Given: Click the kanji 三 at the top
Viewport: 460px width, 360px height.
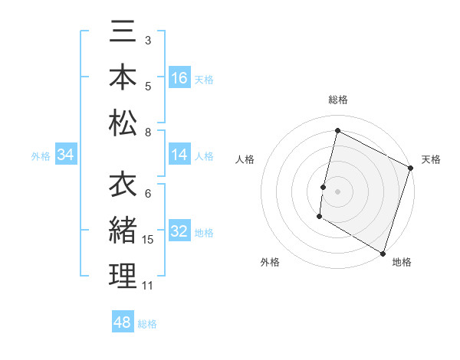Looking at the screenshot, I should pyautogui.click(x=123, y=34).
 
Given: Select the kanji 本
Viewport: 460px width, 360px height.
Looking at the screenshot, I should pyautogui.click(x=123, y=78).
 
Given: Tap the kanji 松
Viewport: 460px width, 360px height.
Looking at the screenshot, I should pyautogui.click(x=123, y=123).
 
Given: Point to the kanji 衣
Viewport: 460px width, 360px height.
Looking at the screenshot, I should pyautogui.click(x=123, y=185).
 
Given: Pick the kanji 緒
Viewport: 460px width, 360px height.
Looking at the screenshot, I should pyautogui.click(x=123, y=231).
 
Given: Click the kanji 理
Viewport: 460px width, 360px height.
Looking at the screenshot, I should pyautogui.click(x=123, y=276).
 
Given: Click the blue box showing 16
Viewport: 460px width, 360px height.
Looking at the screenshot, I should pyautogui.click(x=179, y=78).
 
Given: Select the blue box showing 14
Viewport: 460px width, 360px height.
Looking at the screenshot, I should pyautogui.click(x=179, y=155).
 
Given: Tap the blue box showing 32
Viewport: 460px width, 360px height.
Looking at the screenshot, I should pyautogui.click(x=179, y=232).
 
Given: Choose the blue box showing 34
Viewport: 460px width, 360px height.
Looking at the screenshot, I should pyautogui.click(x=66, y=155).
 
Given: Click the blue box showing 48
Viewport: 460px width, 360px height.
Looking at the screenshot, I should pyautogui.click(x=122, y=322).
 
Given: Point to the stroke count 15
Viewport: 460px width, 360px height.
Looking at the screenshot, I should pyautogui.click(x=148, y=240).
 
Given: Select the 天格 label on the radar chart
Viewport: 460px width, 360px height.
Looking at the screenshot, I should pyautogui.click(x=431, y=159).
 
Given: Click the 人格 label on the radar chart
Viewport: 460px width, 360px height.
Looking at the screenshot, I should pyautogui.click(x=245, y=159).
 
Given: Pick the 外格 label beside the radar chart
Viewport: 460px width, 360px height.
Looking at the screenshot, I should pyautogui.click(x=270, y=262).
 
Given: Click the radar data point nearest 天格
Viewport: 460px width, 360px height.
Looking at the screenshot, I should pyautogui.click(x=410, y=169).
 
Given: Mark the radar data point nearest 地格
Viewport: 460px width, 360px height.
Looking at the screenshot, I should pyautogui.click(x=382, y=253).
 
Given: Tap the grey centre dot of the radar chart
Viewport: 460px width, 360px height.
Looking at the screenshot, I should pyautogui.click(x=337, y=191).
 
